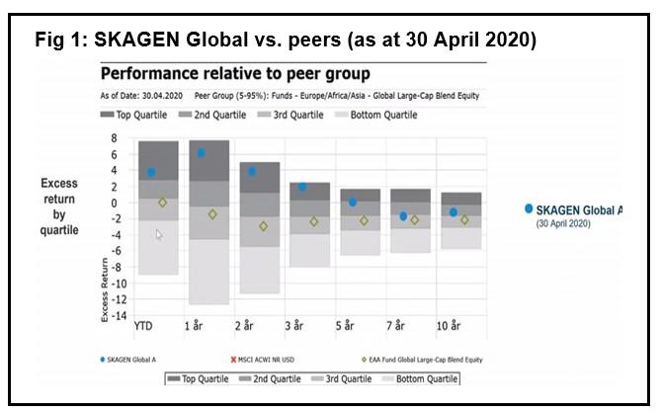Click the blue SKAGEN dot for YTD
tap(151, 172)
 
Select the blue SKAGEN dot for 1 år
tap(202, 153)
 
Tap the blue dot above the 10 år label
tap(454, 212)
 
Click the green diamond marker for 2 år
tap(263, 226)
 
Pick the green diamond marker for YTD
tap(162, 203)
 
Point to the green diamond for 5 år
tap(364, 220)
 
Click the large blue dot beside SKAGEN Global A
tap(529, 208)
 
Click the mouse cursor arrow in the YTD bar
tap(159, 235)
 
